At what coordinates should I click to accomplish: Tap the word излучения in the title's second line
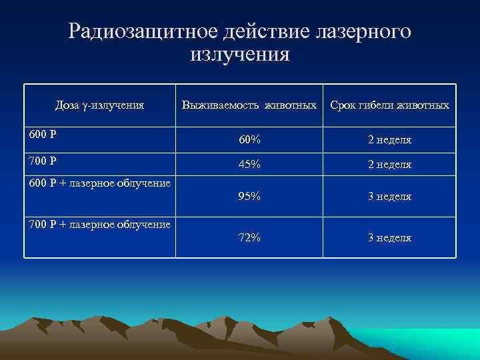pyautogui.click(x=240, y=53)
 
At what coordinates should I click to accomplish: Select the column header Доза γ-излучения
pyautogui.click(x=100, y=105)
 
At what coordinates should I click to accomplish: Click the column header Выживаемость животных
pyautogui.click(x=249, y=105)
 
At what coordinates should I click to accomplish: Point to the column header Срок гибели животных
pyautogui.click(x=390, y=105)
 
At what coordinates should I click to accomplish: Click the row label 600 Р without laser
pyautogui.click(x=43, y=133)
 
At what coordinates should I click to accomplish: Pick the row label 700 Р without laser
pyautogui.click(x=43, y=161)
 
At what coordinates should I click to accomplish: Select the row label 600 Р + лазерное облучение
pyautogui.click(x=100, y=183)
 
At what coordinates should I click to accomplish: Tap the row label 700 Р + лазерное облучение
pyautogui.click(x=100, y=224)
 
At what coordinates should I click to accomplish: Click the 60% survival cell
pyautogui.click(x=250, y=141)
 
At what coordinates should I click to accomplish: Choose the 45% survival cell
pyautogui.click(x=250, y=164)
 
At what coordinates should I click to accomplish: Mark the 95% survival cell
pyautogui.click(x=250, y=197)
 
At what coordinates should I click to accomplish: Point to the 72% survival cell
pyautogui.click(x=250, y=238)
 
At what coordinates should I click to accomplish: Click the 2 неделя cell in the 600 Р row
pyautogui.click(x=390, y=141)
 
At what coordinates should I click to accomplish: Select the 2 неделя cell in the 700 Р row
pyautogui.click(x=390, y=164)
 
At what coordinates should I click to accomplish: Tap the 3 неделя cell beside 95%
pyautogui.click(x=390, y=197)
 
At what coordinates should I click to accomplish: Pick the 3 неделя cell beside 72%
pyautogui.click(x=390, y=238)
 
